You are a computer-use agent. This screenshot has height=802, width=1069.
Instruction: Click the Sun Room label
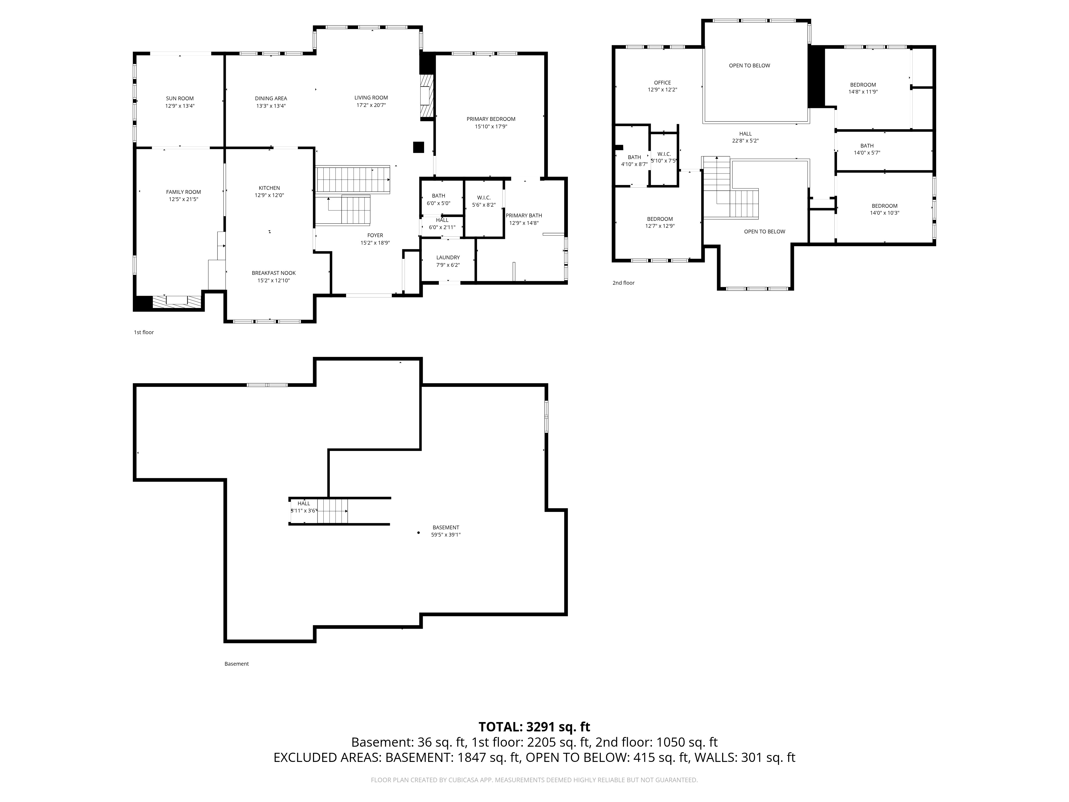[x=180, y=99]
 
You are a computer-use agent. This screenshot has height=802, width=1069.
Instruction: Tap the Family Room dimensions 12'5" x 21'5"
[x=184, y=199]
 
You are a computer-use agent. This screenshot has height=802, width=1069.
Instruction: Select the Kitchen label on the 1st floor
[x=269, y=188]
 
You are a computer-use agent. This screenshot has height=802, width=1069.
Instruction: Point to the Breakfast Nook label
[x=274, y=273]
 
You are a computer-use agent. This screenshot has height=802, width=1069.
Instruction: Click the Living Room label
[x=371, y=98]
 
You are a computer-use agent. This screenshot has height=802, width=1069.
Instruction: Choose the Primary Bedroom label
[x=491, y=119]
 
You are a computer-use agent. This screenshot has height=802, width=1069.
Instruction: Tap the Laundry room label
[x=448, y=258]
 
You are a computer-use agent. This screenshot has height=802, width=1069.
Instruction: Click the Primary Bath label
[x=524, y=216]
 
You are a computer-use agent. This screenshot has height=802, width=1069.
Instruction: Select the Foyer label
[x=375, y=236]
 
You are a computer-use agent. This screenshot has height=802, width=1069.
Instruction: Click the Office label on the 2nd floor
[x=663, y=83]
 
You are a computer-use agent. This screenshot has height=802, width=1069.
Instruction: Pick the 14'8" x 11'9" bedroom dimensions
[x=863, y=92]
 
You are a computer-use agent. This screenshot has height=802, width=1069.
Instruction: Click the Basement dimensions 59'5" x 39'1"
[x=446, y=535]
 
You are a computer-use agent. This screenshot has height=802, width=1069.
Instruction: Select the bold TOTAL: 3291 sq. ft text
[x=534, y=727]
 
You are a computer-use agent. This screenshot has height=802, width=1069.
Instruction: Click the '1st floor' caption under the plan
[x=144, y=333]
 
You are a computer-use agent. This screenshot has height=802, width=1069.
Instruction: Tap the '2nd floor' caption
[x=623, y=283]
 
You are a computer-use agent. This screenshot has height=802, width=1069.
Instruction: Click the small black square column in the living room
[x=419, y=148]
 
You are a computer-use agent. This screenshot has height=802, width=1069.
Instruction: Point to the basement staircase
[x=332, y=511]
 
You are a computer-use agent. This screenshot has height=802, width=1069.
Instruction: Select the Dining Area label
[x=271, y=99]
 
